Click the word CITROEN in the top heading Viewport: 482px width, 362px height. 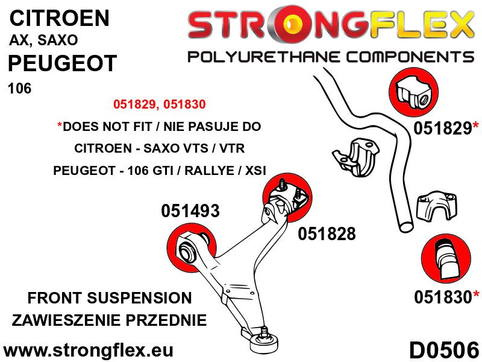60,17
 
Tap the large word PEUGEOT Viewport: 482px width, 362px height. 62,64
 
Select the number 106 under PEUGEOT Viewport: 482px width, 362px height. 19,89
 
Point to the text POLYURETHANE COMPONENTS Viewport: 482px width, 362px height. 330,57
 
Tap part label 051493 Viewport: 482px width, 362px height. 190,211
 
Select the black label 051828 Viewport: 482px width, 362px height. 327,233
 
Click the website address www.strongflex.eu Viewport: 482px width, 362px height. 89,350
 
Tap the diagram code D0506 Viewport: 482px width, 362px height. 444,349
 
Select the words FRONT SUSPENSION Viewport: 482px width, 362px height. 110,297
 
